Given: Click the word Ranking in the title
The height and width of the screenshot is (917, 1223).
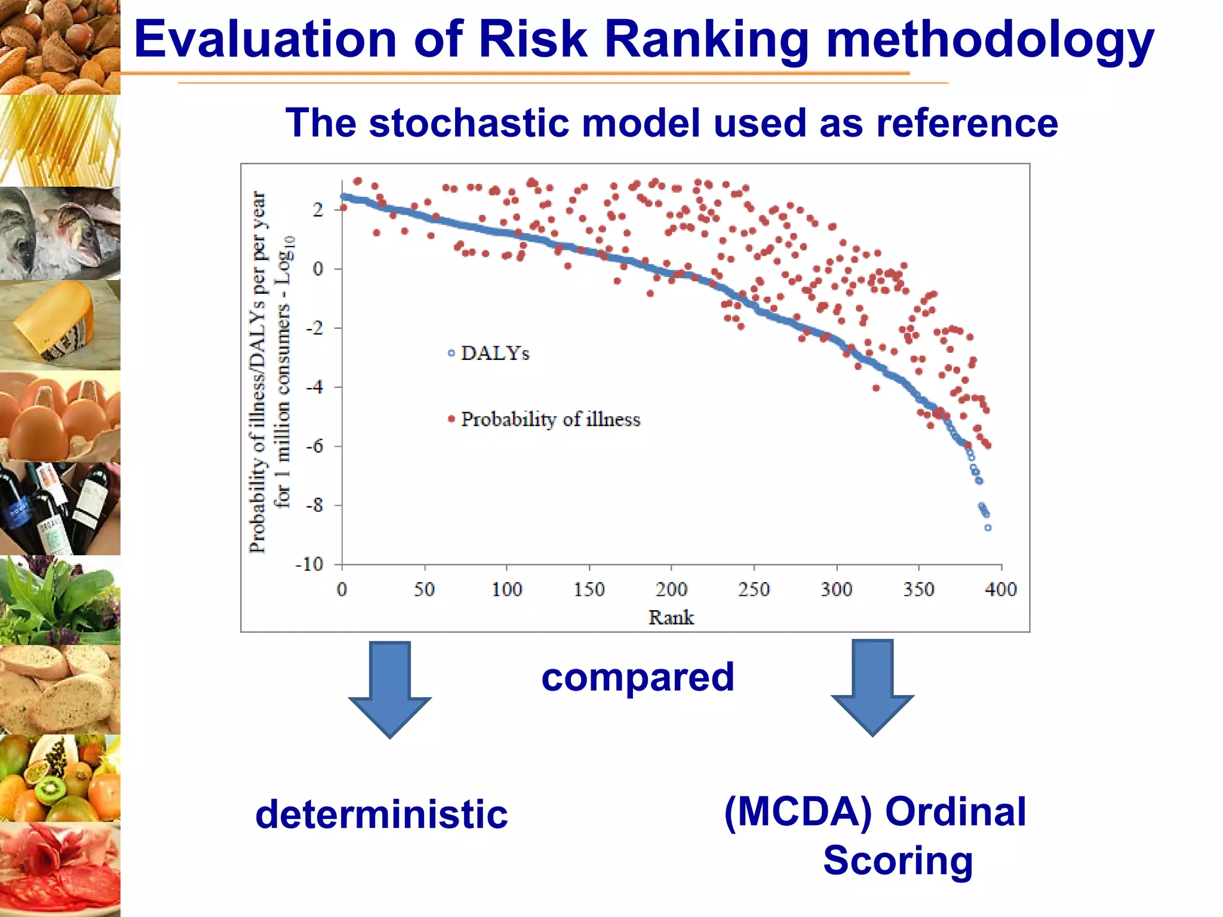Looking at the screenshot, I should pos(706,39).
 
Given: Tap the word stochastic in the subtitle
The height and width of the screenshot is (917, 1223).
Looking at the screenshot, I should pos(473,123).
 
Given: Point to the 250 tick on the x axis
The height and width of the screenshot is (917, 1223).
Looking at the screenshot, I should pos(754,589).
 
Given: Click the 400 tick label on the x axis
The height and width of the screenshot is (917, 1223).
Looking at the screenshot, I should pos(1000,589).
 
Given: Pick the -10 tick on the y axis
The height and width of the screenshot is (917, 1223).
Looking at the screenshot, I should pos(310,564).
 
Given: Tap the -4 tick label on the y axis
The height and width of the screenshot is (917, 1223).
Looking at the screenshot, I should pos(314,387).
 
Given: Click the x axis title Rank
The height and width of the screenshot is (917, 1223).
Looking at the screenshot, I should pos(671,617).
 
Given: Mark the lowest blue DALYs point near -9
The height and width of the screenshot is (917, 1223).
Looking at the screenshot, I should pos(988,528).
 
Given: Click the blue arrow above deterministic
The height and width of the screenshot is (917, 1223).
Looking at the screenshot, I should pos(390,690).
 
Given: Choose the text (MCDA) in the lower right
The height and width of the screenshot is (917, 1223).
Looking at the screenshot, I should pos(798,812).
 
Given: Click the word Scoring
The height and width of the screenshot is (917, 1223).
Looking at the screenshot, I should pos(898,860).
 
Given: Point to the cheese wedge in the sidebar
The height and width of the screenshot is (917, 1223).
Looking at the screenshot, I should pos(57,322).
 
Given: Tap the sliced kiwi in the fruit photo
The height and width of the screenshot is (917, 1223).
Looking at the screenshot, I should pos(50,789).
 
